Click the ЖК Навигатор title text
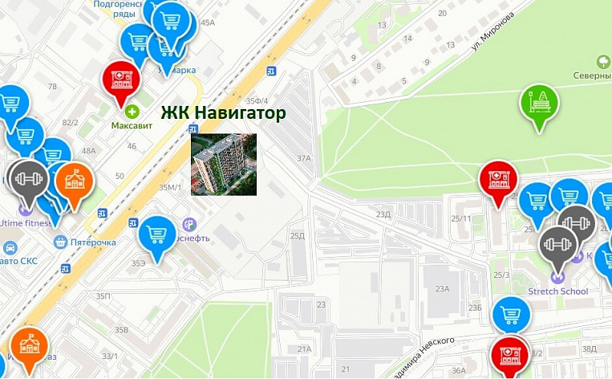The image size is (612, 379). pyautogui.click(x=224, y=113)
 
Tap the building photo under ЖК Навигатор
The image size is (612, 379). pyautogui.click(x=224, y=164)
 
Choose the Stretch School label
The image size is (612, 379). pyautogui.click(x=558, y=291)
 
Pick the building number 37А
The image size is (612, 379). pyautogui.click(x=303, y=158)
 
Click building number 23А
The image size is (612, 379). pyautogui.click(x=442, y=289)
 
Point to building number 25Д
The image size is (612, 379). pyautogui.click(x=298, y=235)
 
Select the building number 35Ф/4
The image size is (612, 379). pyautogui.click(x=257, y=100)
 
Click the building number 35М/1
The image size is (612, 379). pyautogui.click(x=171, y=187)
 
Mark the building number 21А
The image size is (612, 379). pyautogui.click(x=304, y=349)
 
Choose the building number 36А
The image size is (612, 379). pyautogui.click(x=458, y=370)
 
